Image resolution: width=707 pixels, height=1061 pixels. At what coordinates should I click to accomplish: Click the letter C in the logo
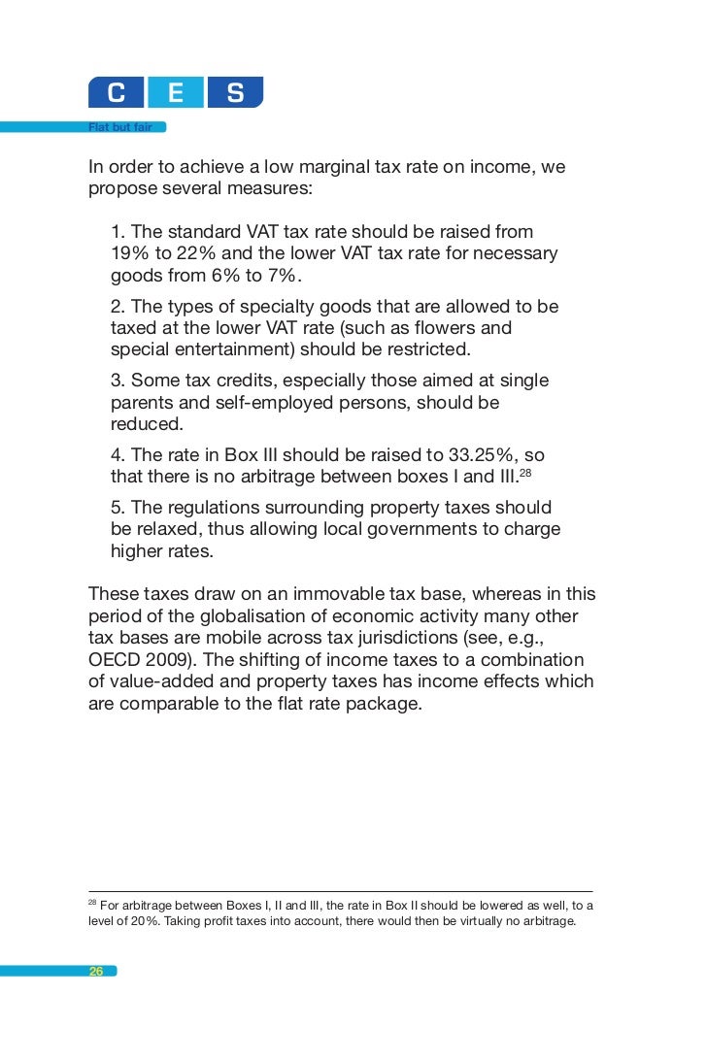[x=117, y=93]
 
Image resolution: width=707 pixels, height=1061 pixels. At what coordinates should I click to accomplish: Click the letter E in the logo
[x=176, y=93]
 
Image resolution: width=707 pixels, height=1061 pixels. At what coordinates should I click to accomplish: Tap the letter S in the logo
[x=235, y=93]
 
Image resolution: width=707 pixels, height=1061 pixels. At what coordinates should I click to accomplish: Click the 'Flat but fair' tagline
[x=120, y=126]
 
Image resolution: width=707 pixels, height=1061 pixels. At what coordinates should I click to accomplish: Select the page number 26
[x=96, y=971]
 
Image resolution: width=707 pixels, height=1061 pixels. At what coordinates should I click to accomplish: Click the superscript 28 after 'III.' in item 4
[x=525, y=473]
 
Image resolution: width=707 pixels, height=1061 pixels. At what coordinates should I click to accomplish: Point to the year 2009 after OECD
[x=165, y=660]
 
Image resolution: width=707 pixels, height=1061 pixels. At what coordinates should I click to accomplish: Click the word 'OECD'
[x=116, y=660]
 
